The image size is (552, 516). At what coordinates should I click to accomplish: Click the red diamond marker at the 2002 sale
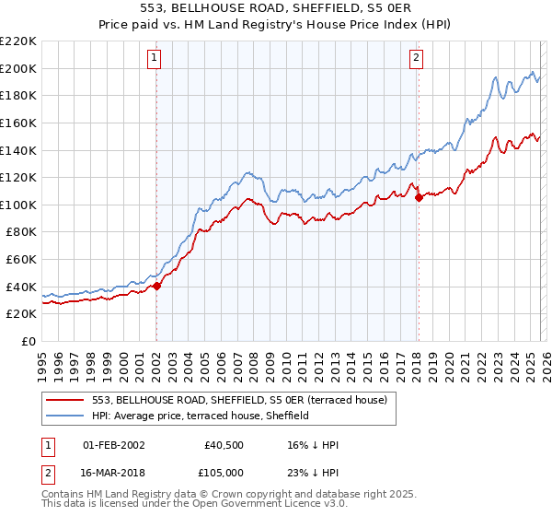click(156, 286)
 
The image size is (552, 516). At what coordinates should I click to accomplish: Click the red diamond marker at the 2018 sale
click(419, 196)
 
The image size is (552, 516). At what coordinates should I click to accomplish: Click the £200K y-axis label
click(19, 68)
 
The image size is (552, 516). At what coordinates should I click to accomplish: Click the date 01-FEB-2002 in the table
click(114, 445)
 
